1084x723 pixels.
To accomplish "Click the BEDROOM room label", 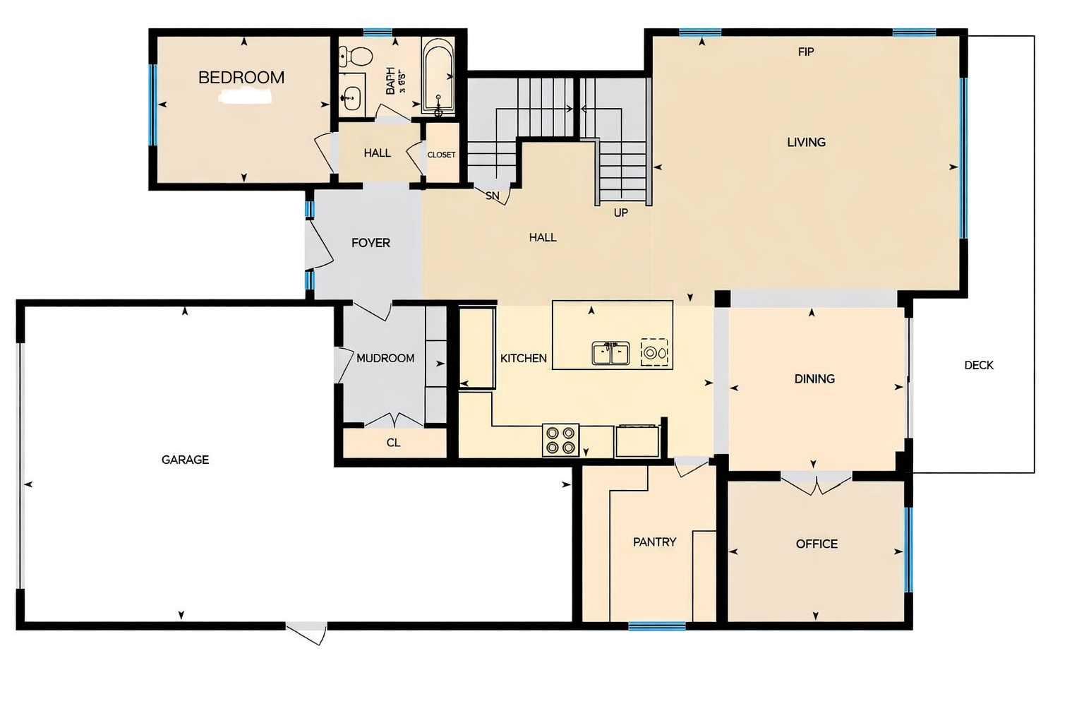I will click(x=241, y=78).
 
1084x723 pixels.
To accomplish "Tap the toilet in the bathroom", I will click(x=356, y=56).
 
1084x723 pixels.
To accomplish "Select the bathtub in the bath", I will click(x=438, y=76).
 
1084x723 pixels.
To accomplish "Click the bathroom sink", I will click(x=351, y=97).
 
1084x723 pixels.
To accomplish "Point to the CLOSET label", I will click(x=441, y=155).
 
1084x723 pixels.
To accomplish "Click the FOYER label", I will click(x=371, y=243).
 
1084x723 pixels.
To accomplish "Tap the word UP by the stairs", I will click(x=620, y=213).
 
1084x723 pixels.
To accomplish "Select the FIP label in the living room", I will click(x=805, y=52).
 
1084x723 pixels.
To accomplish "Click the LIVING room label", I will click(x=806, y=142).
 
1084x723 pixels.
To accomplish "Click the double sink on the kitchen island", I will click(x=610, y=352).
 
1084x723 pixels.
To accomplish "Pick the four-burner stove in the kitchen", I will click(x=560, y=440).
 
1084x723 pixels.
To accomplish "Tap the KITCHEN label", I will click(x=523, y=359).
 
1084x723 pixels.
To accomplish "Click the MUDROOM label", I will click(x=385, y=359).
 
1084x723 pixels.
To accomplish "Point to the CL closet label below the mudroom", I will click(x=393, y=443).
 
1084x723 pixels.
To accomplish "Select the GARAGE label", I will click(x=185, y=460).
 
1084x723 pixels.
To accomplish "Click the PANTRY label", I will click(x=654, y=542).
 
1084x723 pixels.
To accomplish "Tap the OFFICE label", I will click(x=817, y=544).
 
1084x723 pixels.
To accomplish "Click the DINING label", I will click(x=814, y=379).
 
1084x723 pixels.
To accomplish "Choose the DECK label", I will click(x=978, y=365).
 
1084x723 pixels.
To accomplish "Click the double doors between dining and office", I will click(x=816, y=484).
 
